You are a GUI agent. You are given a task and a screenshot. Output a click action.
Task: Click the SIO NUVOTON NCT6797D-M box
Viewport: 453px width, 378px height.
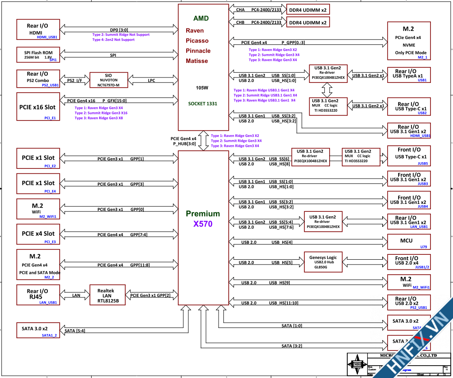point(109,80)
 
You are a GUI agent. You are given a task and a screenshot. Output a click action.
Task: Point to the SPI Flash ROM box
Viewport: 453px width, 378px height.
point(38,55)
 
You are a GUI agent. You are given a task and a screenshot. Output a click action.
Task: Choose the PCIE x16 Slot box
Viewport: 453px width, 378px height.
point(38,106)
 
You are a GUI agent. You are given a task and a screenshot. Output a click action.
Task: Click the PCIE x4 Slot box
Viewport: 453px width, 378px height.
point(38,234)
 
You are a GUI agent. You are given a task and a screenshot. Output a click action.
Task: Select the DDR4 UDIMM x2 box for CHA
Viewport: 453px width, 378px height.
point(307,9)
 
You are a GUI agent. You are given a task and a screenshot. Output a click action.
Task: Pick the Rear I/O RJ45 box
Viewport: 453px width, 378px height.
point(38,295)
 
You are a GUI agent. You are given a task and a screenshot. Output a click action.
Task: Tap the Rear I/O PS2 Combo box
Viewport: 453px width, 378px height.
point(38,79)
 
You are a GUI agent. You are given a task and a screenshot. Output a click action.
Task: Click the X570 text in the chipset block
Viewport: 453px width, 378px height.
point(203,224)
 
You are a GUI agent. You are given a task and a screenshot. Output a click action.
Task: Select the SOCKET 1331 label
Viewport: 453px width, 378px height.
point(203,103)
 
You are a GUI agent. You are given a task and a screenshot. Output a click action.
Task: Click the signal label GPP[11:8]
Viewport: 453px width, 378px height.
point(140,265)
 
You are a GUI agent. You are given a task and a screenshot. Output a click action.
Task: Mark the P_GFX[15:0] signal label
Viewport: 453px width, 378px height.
point(114,101)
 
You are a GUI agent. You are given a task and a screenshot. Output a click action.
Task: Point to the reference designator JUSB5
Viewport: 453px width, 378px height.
point(422,163)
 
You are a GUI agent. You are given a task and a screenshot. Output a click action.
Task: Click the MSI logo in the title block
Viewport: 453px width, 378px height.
point(357,364)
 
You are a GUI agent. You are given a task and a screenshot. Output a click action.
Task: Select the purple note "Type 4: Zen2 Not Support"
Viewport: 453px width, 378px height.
point(113,40)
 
